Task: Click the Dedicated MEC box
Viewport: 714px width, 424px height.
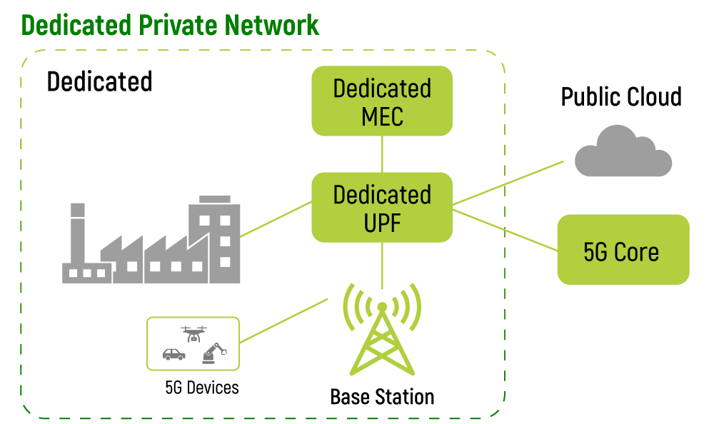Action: [382, 101]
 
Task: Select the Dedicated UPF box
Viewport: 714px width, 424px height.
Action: [382, 207]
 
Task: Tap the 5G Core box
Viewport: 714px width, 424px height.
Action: [623, 249]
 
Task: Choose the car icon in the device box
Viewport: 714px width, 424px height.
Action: [174, 353]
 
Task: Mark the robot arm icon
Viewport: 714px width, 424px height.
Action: [213, 353]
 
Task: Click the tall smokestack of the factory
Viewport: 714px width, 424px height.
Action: [78, 232]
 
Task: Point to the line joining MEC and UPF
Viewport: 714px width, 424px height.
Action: [383, 153]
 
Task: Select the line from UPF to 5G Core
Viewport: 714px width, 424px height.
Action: [505, 229]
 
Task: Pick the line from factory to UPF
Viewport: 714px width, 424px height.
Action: [276, 218]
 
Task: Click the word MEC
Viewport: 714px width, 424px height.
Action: [382, 116]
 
